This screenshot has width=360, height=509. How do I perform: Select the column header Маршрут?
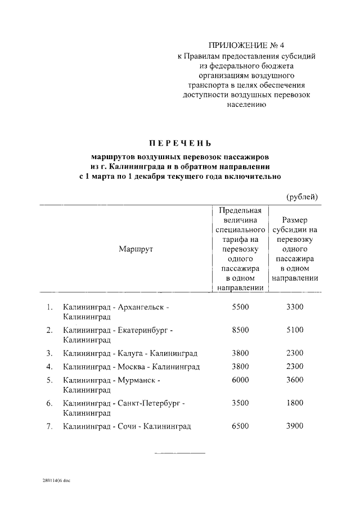pos(136,249)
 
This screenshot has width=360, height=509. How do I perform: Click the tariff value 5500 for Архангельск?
pos(240,307)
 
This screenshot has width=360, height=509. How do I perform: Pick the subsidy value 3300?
pos(294,307)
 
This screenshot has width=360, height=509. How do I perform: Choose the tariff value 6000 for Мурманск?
pos(240,380)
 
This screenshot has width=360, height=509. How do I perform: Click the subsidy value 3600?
pos(294,380)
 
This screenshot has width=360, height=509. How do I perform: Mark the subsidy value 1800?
pos(294,403)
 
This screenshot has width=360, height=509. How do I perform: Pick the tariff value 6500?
pos(240,426)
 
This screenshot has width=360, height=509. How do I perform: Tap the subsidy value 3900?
pos(294,426)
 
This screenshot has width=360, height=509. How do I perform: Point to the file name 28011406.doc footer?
pos(56,481)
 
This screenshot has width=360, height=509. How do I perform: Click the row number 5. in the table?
pos(49,380)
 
